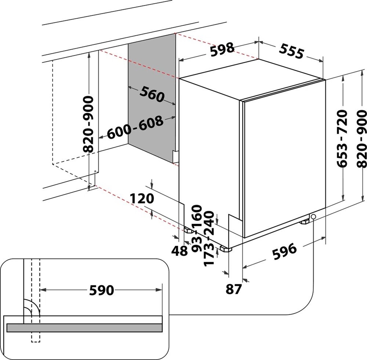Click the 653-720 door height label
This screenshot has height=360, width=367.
[x=342, y=139]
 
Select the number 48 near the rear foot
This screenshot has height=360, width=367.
[x=179, y=251]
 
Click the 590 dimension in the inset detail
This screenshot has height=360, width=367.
[x=102, y=290]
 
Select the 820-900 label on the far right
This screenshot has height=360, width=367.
[x=362, y=139]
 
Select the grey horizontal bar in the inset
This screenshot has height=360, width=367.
[x=84, y=327]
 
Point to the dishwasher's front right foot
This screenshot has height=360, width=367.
[x=305, y=222]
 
